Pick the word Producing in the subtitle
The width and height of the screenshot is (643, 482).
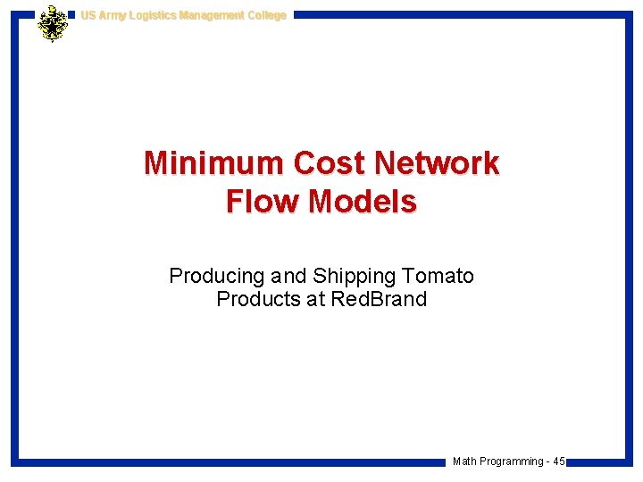tap(210, 277)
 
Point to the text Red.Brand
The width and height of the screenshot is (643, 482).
tap(379, 299)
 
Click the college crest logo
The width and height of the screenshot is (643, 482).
tap(54, 24)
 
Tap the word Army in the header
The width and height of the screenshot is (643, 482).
tap(112, 15)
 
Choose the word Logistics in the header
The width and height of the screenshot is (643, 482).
tap(154, 15)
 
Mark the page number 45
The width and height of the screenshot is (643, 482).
tap(559, 461)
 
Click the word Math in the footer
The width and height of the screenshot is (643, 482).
tap(464, 461)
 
